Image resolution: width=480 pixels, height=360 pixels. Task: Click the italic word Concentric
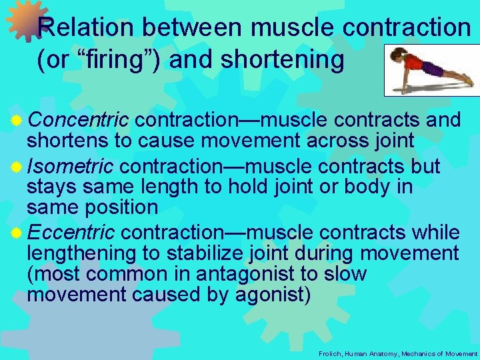coord(78,120)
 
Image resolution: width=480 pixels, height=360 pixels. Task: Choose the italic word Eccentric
coord(71,233)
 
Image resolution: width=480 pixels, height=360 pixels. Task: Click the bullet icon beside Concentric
coord(17,121)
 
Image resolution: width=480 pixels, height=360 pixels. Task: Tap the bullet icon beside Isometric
coord(17,167)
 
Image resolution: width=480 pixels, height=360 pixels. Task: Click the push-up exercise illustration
coord(431,70)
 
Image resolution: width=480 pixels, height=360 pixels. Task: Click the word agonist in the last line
coord(273,295)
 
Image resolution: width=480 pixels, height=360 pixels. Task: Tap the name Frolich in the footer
coord(331,353)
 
